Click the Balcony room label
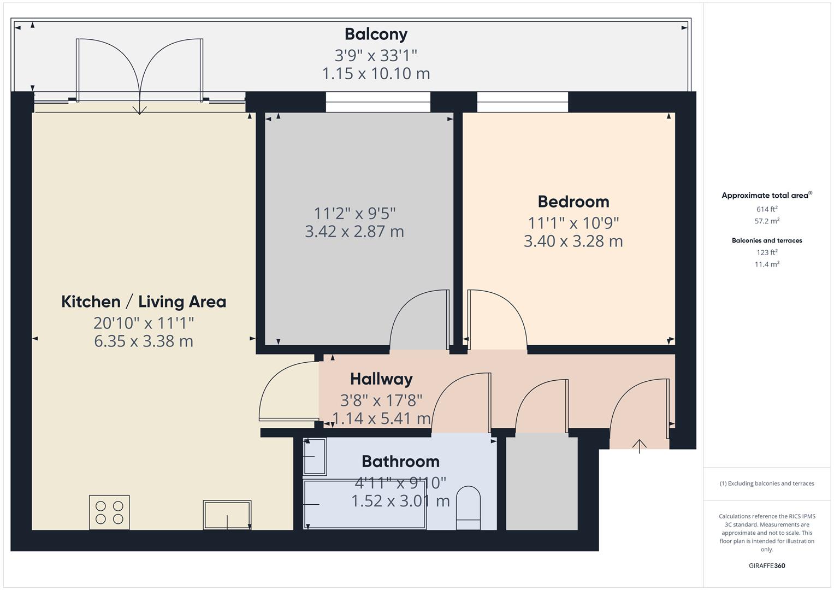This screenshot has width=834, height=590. click(x=376, y=34)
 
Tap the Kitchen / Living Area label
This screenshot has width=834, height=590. click(x=144, y=302)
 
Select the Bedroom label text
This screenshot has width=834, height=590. click(x=573, y=202)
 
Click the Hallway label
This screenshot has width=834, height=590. click(x=381, y=379)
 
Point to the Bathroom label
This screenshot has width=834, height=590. click(x=400, y=462)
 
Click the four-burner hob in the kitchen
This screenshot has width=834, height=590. click(x=109, y=512)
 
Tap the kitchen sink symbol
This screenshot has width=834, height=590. click(x=227, y=515)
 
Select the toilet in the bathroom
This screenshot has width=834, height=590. click(x=468, y=508)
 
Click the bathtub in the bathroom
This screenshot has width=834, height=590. click(x=364, y=504)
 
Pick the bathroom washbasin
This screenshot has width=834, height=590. click(x=315, y=457)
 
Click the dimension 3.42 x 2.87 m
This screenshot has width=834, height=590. click(x=354, y=232)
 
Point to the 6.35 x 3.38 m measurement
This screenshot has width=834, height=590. click(x=144, y=341)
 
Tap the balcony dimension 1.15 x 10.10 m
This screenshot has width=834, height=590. click(x=376, y=74)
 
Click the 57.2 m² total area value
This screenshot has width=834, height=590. click(x=767, y=221)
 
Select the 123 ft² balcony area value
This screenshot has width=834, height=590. click(x=767, y=252)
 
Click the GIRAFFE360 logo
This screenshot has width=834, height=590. click(x=767, y=565)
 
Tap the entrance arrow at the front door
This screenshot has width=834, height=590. click(x=639, y=446)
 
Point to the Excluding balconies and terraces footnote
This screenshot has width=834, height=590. click(x=767, y=483)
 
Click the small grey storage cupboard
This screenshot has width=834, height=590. click(x=542, y=483)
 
